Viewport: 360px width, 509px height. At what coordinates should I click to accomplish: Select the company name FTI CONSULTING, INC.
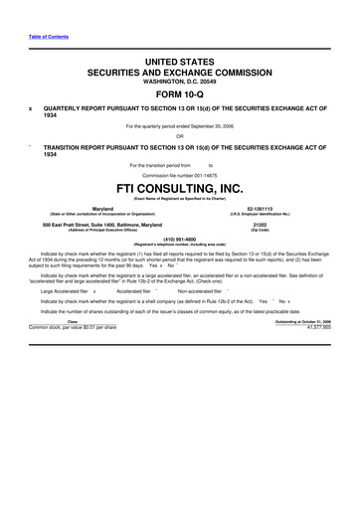pyautogui.click(x=179, y=187)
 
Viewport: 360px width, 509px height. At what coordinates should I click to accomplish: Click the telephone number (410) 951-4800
pyautogui.click(x=179, y=239)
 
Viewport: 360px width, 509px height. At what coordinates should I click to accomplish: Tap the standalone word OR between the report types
pyautogui.click(x=179, y=136)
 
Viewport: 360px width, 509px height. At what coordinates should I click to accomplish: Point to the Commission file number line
pyautogui.click(x=179, y=173)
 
